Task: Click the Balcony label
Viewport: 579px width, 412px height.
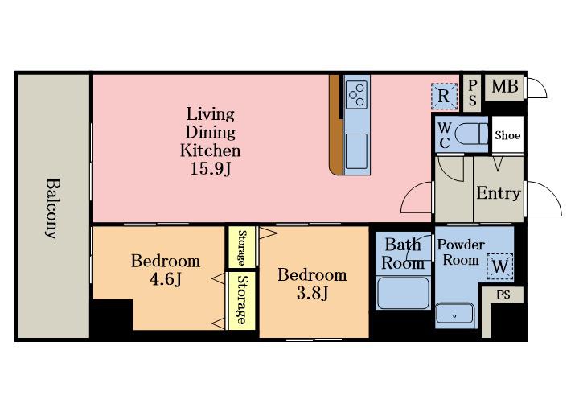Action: pyautogui.click(x=53, y=208)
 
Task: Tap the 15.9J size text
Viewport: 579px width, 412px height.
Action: pyautogui.click(x=211, y=169)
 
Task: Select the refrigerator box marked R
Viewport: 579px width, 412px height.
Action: pyautogui.click(x=444, y=97)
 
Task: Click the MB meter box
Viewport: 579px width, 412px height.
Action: pyautogui.click(x=504, y=87)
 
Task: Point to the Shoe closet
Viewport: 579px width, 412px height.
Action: pyautogui.click(x=507, y=134)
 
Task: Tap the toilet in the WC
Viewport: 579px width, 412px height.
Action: pyautogui.click(x=471, y=134)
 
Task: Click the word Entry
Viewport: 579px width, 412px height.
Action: pyautogui.click(x=498, y=193)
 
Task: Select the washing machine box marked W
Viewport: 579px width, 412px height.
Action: pyautogui.click(x=500, y=266)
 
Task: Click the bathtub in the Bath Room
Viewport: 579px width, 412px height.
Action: pyautogui.click(x=403, y=292)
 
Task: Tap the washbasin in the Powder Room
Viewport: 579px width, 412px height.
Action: pyautogui.click(x=454, y=314)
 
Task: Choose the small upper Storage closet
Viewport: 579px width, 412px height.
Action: pyautogui.click(x=242, y=247)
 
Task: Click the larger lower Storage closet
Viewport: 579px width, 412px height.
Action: pyautogui.click(x=242, y=301)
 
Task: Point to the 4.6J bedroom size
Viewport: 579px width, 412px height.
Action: pyautogui.click(x=166, y=279)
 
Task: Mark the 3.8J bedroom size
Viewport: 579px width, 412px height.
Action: pyautogui.click(x=312, y=293)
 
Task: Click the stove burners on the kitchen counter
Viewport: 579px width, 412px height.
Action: pyautogui.click(x=357, y=95)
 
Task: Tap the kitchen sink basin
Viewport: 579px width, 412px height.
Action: pyautogui.click(x=356, y=151)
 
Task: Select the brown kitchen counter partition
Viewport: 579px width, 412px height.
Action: pyautogui.click(x=335, y=125)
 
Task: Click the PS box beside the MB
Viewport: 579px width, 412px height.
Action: pyautogui.click(x=472, y=93)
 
